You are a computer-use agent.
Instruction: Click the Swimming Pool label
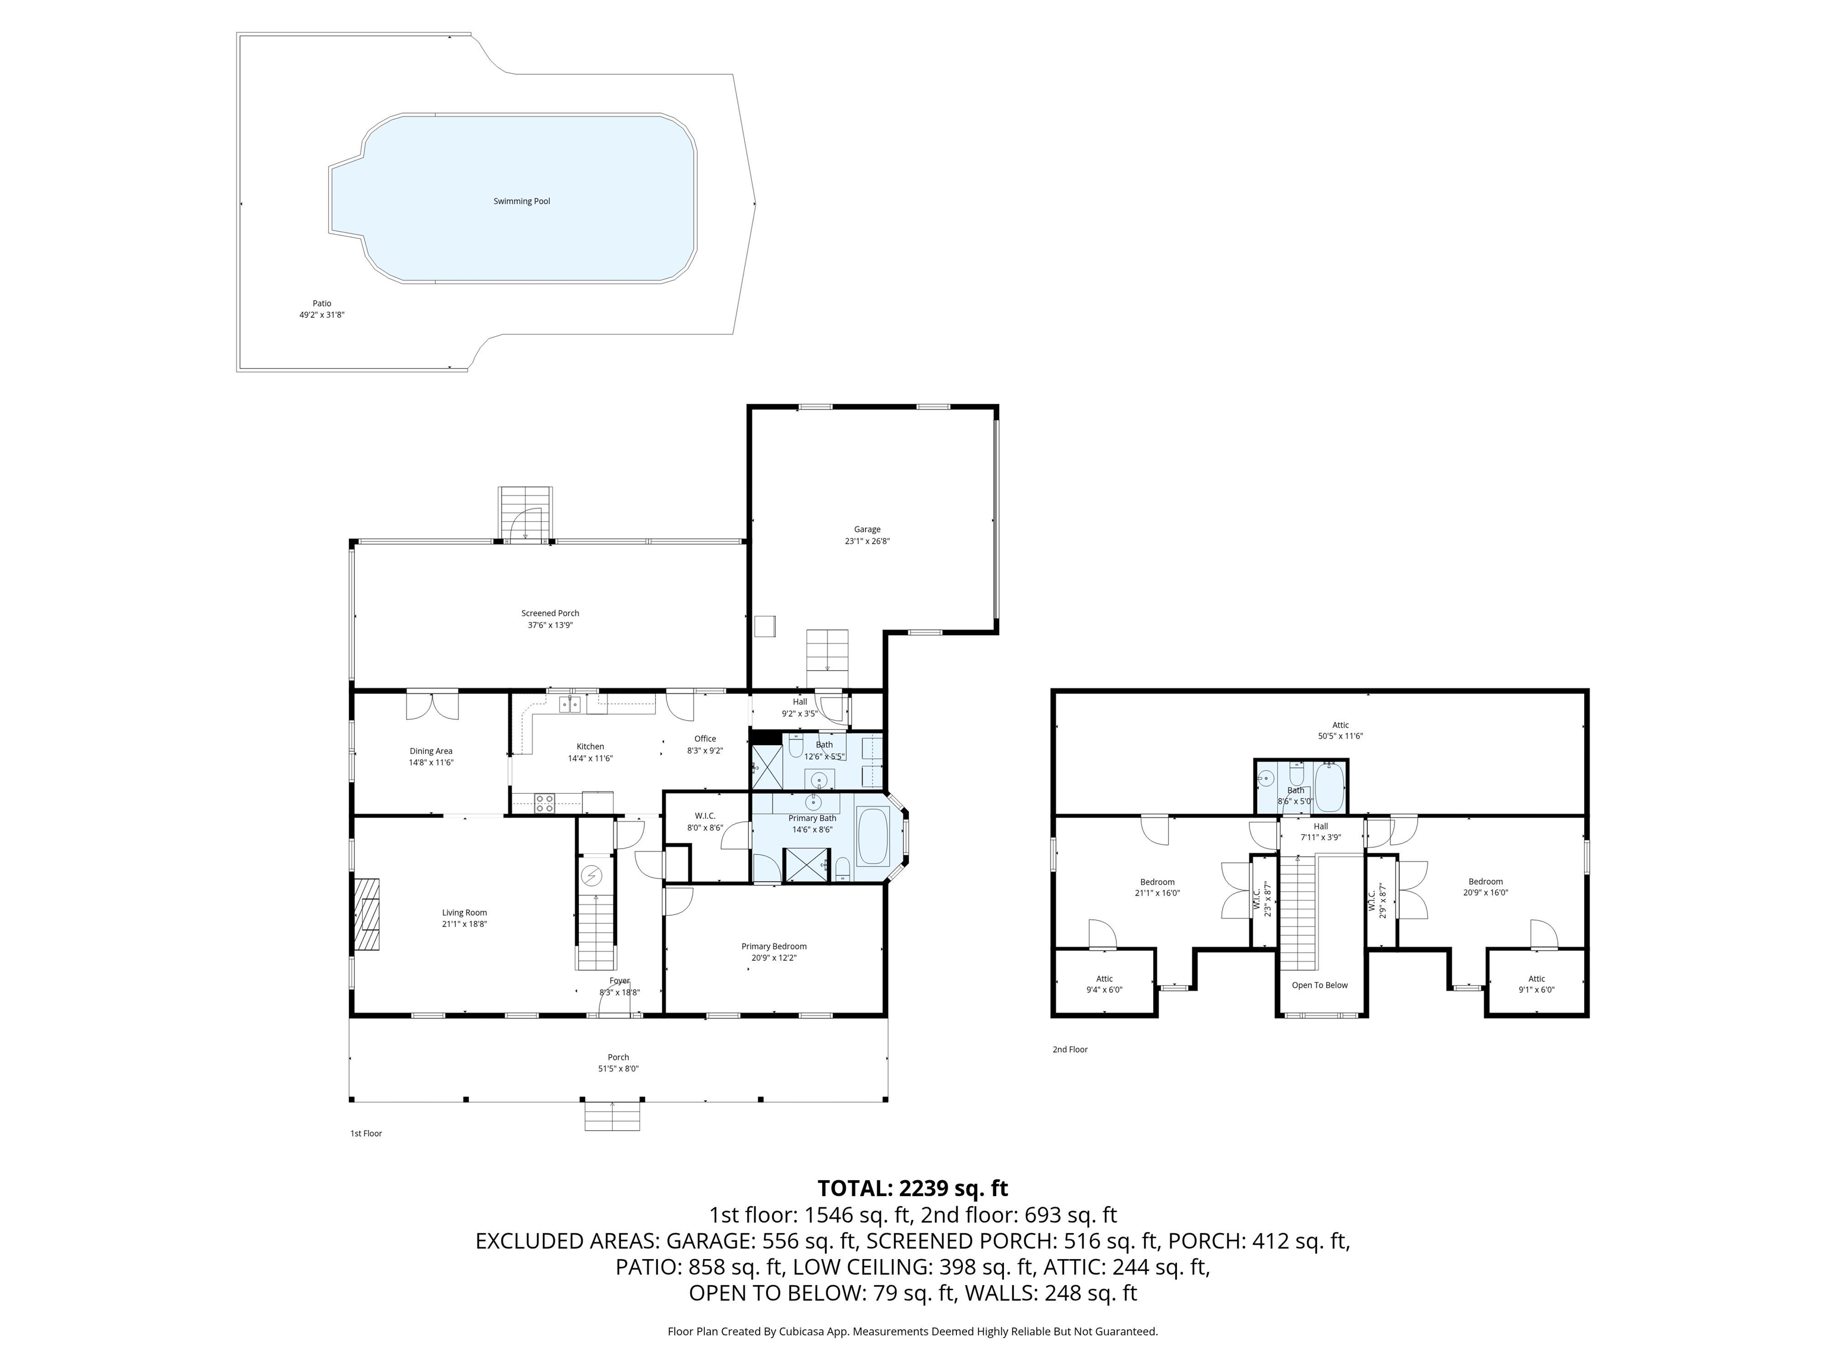pos(522,201)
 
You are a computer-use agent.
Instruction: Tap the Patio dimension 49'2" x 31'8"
pos(322,314)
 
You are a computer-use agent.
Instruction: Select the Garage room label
pos(867,530)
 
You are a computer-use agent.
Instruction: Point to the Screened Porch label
pos(550,613)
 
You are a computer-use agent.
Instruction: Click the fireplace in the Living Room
pos(367,915)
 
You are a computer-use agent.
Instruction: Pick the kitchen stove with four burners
pos(544,802)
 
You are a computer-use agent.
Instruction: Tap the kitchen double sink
pos(569,704)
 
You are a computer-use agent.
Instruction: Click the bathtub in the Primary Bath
pos(873,836)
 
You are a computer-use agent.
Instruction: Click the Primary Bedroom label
pos(773,947)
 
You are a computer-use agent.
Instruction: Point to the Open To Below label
pos(1319,985)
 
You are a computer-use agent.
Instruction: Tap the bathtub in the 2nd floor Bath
pos(1328,787)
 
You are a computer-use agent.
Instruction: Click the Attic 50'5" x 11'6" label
pos(1340,730)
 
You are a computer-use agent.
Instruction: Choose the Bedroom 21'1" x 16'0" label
pos(1157,887)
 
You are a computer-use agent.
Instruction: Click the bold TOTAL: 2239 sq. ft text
pos(912,1188)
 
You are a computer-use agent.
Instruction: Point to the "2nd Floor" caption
pos(1070,1050)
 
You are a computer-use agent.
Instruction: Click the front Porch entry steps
pos(612,1116)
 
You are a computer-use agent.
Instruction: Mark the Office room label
pos(705,739)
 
